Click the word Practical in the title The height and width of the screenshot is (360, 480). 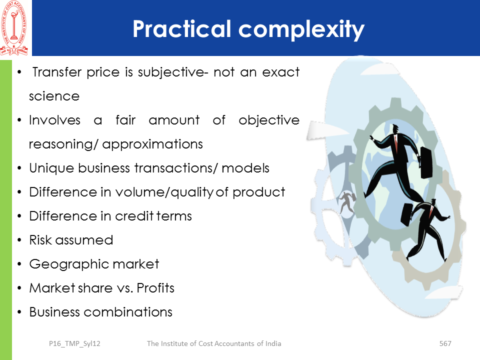point(181,29)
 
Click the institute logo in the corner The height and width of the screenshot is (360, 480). point(14,28)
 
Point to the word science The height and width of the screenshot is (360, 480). point(54,96)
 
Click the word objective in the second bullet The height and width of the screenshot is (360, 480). point(269,120)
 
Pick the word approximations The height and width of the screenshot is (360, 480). point(152,144)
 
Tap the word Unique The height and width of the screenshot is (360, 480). point(51,168)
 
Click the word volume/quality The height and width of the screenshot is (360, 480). point(164,192)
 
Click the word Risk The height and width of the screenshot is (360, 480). point(40,240)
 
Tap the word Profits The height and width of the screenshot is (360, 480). point(155,288)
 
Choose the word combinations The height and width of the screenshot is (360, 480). point(128,312)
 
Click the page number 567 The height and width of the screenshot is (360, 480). point(445,343)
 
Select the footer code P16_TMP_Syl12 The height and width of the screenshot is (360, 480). point(74,344)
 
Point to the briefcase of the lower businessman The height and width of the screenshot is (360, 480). point(408,214)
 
